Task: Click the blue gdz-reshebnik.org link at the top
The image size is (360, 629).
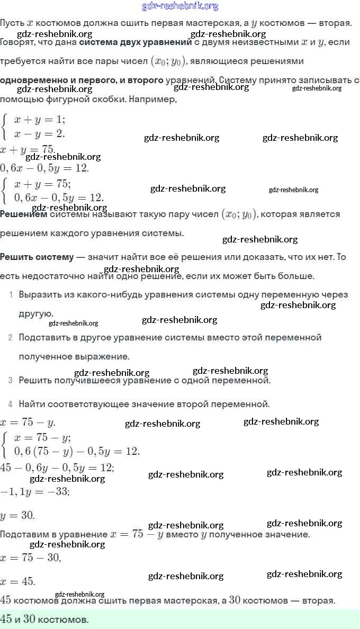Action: click(180, 6)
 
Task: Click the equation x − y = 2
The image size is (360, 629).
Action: click(40, 133)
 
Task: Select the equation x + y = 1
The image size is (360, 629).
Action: click(40, 119)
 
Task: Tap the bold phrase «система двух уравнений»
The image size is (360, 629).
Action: click(135, 42)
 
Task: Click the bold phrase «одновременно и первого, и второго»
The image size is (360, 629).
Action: click(82, 80)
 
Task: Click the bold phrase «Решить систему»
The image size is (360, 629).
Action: click(37, 257)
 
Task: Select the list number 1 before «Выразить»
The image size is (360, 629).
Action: click(11, 295)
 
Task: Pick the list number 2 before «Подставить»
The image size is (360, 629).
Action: click(11, 337)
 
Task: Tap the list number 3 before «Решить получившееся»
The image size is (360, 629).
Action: click(11, 380)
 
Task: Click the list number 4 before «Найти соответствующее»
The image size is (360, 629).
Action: click(11, 405)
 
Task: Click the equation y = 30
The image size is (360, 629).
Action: click(17, 516)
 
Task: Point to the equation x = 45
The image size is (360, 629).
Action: click(18, 581)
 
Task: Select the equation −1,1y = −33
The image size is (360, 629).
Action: click(35, 491)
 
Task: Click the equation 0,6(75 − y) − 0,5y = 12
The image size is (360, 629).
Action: click(77, 451)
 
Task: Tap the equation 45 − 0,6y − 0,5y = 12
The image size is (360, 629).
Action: click(57, 468)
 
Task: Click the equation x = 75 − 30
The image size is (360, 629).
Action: click(31, 558)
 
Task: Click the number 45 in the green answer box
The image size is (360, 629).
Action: click(6, 619)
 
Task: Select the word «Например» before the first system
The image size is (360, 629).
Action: click(153, 99)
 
